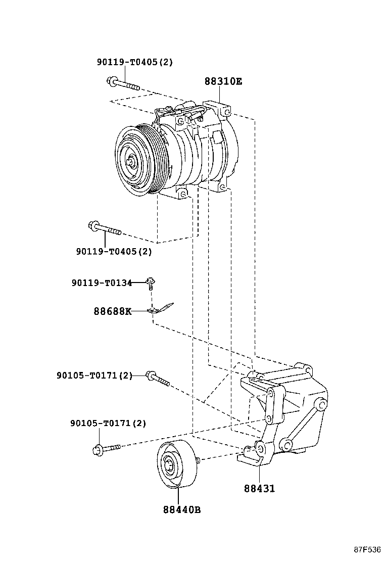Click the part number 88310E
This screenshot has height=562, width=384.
pos(223,81)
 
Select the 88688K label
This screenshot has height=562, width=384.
pos(112,311)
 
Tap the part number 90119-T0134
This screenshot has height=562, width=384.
pos(102,283)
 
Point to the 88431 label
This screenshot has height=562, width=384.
pos(259,489)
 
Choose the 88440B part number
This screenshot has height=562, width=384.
pos(182,509)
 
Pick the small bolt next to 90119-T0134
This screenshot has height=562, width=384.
pos(151,283)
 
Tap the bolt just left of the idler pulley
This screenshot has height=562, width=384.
pos(106,448)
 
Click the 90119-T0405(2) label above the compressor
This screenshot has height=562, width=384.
pos(135,62)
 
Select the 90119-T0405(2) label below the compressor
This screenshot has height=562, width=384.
pos(114,251)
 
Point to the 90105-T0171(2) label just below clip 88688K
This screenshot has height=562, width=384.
pos(94,376)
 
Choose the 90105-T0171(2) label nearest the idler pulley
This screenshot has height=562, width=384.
pos(108,423)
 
